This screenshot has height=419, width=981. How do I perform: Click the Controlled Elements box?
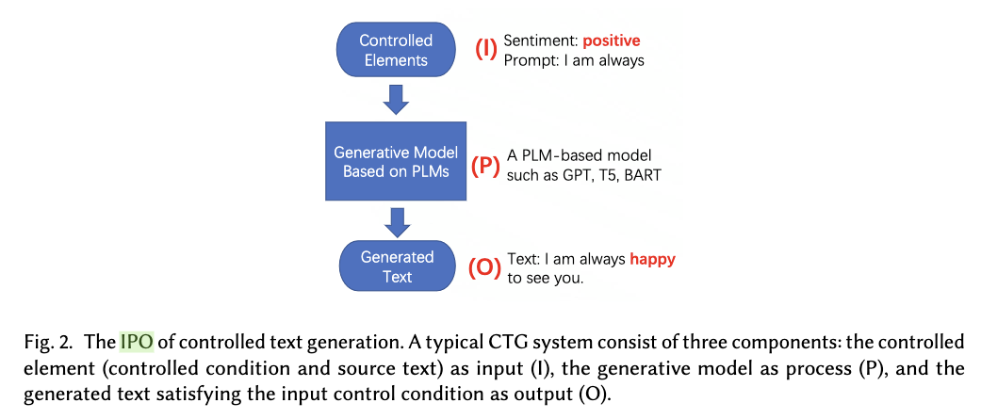(x=396, y=51)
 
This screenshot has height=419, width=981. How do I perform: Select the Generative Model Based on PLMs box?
(x=396, y=161)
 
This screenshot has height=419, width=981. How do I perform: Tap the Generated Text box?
(x=397, y=266)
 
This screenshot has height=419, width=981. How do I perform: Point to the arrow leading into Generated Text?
(x=397, y=222)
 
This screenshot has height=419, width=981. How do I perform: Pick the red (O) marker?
(x=485, y=267)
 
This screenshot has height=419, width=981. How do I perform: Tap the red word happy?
(x=653, y=259)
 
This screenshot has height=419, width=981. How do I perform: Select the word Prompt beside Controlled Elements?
(x=529, y=61)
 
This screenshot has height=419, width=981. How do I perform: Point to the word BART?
(x=643, y=175)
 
